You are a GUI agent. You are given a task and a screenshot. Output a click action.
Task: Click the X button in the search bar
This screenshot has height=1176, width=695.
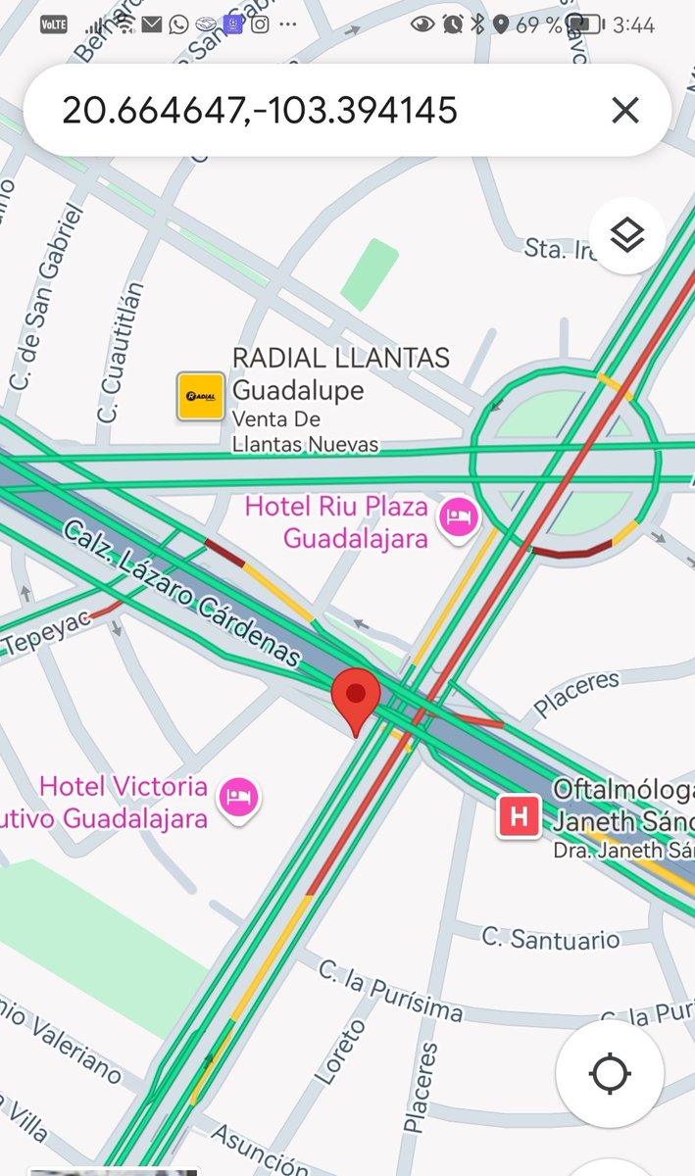coord(624,110)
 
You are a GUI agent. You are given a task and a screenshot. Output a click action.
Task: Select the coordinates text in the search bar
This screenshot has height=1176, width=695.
coord(260,110)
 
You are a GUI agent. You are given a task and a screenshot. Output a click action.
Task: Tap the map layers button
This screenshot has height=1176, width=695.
coord(626,235)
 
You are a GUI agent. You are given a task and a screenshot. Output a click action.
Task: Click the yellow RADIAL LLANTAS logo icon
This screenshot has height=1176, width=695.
coord(201,396)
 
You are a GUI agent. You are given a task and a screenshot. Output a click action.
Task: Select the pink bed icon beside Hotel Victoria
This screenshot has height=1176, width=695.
coord(238,796)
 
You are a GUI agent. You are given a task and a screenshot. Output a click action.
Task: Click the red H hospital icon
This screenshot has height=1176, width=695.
coord(519,816)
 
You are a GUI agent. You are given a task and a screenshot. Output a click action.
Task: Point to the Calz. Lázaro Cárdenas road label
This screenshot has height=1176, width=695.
coord(181,594)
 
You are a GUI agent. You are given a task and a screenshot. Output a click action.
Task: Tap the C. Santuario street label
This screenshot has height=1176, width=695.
coord(551,938)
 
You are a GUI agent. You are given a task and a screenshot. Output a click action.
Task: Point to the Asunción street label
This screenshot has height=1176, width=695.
coord(260,1148)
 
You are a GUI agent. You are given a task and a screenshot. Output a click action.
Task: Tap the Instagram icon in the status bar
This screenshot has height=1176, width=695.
coord(260,24)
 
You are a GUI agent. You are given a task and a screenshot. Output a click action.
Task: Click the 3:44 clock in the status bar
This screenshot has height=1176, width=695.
coord(633,24)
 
